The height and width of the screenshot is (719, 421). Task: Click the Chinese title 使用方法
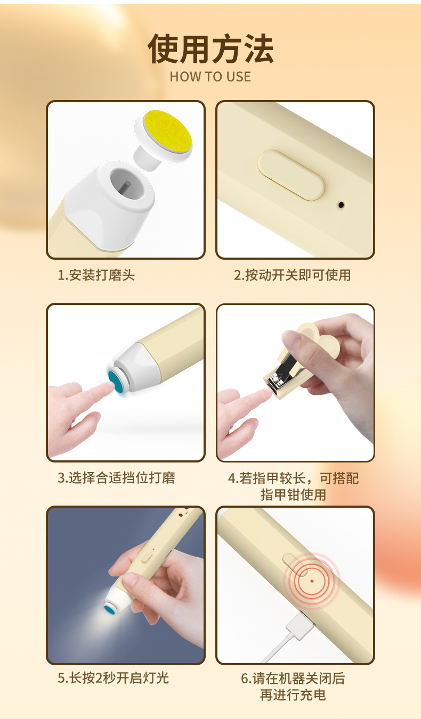click(x=210, y=49)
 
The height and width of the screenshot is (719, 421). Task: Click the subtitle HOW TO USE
click(x=210, y=77)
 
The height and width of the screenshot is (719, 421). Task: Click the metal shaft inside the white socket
click(x=126, y=187)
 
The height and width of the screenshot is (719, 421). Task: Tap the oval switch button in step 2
click(x=291, y=175)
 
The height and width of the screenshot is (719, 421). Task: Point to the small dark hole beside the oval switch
click(x=340, y=204)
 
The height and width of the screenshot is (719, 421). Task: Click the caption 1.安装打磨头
click(x=96, y=275)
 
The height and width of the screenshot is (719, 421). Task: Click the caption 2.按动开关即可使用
click(x=292, y=275)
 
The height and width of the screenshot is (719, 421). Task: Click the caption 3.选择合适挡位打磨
click(x=116, y=477)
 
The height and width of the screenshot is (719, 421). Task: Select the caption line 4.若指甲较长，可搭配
click(x=293, y=478)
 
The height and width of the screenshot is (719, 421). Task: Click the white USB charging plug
click(x=298, y=626)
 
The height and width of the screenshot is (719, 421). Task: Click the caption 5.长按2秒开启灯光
click(x=113, y=678)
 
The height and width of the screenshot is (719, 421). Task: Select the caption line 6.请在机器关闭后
click(x=293, y=679)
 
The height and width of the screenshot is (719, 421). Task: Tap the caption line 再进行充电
click(x=293, y=695)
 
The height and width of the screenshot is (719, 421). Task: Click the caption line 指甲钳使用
click(x=293, y=494)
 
